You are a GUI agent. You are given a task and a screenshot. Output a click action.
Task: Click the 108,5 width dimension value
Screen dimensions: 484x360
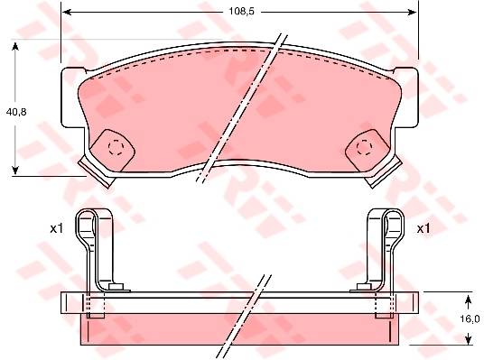click(241, 12)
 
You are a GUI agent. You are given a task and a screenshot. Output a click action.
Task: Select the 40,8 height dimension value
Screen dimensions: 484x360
click(16, 112)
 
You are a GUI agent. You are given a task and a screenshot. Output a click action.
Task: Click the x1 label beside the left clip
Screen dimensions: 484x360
click(57, 229)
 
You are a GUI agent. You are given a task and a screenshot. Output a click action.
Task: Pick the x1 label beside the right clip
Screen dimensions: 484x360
click(423, 229)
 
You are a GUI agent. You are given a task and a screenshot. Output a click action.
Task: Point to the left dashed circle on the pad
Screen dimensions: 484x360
click(116, 147)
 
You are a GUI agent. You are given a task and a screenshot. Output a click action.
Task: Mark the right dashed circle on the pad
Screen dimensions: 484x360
click(364, 147)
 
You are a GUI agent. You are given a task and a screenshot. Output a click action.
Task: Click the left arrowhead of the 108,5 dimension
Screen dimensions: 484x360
click(67, 12)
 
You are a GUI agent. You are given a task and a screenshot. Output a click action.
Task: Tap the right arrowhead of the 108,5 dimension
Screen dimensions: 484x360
click(413, 12)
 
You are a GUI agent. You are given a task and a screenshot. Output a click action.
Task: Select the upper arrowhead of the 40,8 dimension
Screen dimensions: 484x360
click(15, 47)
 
